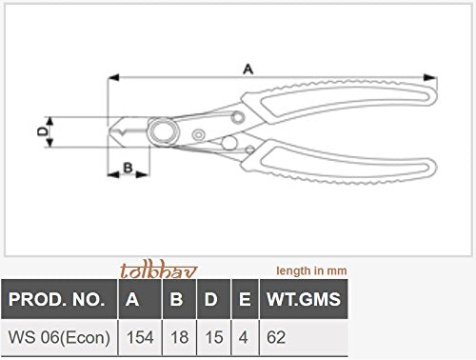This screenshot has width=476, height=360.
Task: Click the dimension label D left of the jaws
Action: click(41, 134)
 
